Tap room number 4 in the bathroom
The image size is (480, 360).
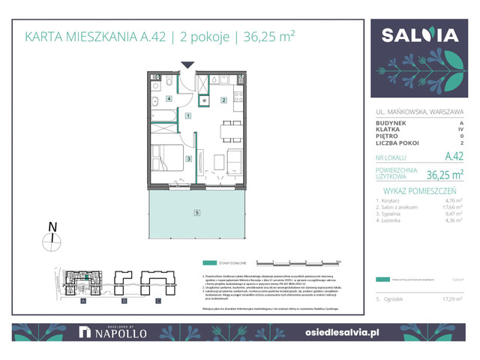pyautogui.click(x=169, y=99)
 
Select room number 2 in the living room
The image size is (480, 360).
pyautogui.click(x=223, y=100)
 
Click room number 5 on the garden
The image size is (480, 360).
pyautogui.click(x=196, y=214)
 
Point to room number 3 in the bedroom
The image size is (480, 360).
pyautogui.click(x=189, y=159)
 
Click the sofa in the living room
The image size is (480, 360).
pyautogui.click(x=235, y=160)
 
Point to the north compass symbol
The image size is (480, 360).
pyautogui.click(x=51, y=238)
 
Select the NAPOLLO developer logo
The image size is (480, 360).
pyautogui.click(x=106, y=331)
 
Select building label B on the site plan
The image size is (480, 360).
pyautogui.click(x=120, y=300)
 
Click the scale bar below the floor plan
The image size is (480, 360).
pyautogui.click(x=298, y=263)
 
